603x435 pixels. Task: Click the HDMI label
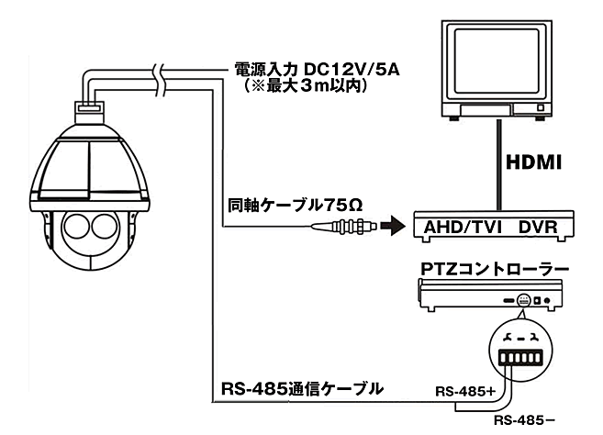[x=535, y=162]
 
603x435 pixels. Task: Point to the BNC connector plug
[x=352, y=225]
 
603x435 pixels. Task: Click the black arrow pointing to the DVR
[x=393, y=225]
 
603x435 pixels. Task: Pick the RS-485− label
[x=526, y=420]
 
